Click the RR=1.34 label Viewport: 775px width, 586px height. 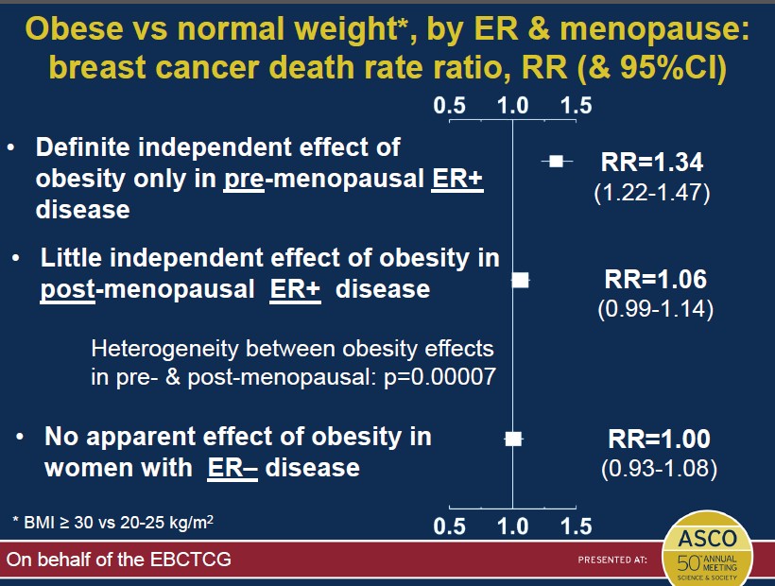pyautogui.click(x=652, y=164)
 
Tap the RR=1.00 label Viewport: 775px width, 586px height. pyautogui.click(x=656, y=439)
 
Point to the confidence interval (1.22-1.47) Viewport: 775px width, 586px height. pyautogui.click(x=651, y=193)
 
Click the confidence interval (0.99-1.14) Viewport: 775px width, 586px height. pyautogui.click(x=655, y=308)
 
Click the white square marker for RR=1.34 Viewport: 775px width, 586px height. pyautogui.click(x=557, y=162)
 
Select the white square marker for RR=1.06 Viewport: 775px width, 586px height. pyautogui.click(x=521, y=279)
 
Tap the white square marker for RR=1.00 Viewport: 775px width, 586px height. pyautogui.click(x=513, y=439)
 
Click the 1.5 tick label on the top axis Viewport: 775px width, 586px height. pyautogui.click(x=576, y=106)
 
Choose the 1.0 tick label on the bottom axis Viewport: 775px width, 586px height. pyautogui.click(x=512, y=526)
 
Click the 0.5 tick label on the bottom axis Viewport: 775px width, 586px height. pyautogui.click(x=450, y=526)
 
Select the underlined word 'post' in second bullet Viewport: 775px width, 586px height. pyautogui.click(x=69, y=288)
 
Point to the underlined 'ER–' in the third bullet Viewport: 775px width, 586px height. pyautogui.click(x=232, y=467)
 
